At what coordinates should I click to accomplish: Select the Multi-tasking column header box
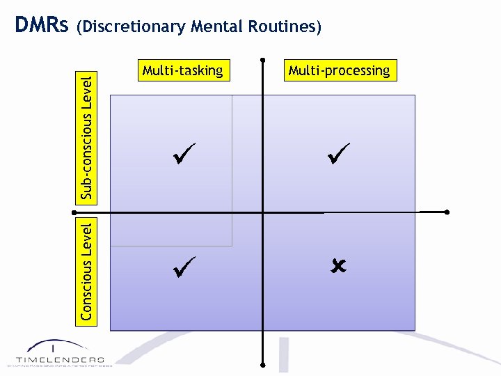point(182,70)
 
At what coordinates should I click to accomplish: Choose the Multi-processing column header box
point(339,70)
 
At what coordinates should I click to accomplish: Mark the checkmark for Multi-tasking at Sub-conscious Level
point(184,152)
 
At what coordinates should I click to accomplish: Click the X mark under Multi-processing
point(339,265)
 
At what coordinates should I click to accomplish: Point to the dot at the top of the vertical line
point(263,58)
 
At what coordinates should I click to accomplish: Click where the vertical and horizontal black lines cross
point(263,212)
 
